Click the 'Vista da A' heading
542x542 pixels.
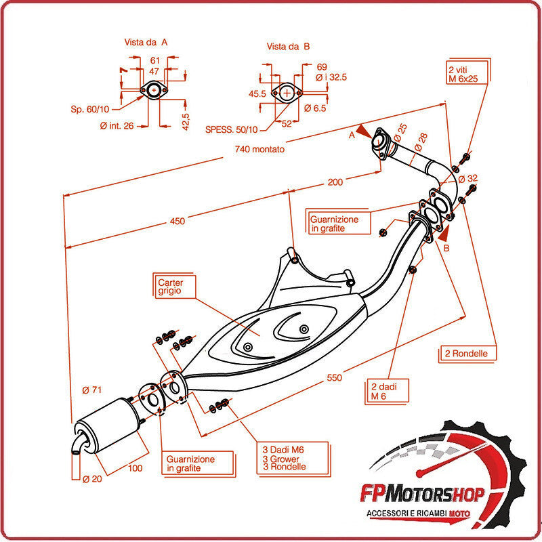pyautogui.click(x=146, y=42)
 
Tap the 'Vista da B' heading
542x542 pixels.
pyautogui.click(x=288, y=46)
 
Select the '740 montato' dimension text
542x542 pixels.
pyautogui.click(x=259, y=149)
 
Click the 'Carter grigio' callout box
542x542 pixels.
pyautogui.click(x=173, y=286)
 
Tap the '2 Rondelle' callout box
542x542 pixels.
pyautogui.click(x=467, y=354)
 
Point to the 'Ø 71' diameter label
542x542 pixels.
pyautogui.click(x=91, y=390)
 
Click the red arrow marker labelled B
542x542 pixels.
pyautogui.click(x=443, y=235)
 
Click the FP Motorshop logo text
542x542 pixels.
pyautogui.click(x=436, y=495)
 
